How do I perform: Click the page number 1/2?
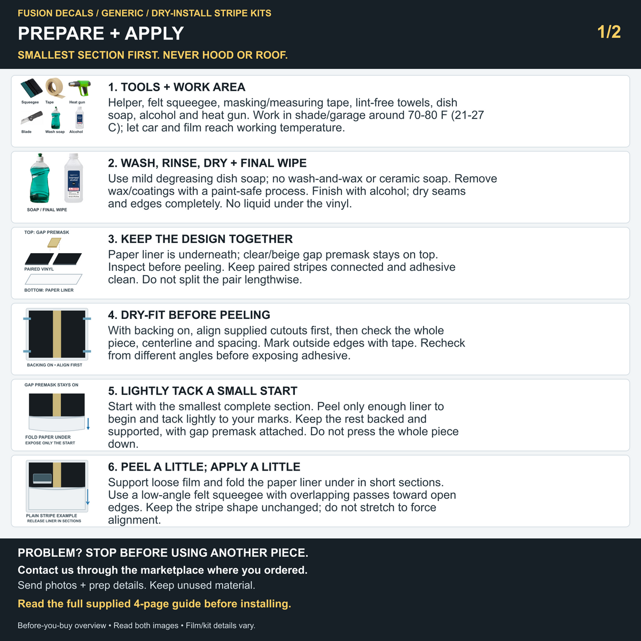point(609,32)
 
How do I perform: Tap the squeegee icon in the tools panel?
point(32,89)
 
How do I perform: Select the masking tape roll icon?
point(55,88)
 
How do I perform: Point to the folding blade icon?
point(32,118)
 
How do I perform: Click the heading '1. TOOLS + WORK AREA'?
point(177,87)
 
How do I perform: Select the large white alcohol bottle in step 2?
point(74,178)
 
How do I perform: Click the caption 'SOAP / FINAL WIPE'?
point(47,209)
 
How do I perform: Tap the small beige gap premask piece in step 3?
point(54,243)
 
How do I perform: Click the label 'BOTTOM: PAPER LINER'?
point(49,290)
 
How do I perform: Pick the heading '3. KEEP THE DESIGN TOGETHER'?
point(200,239)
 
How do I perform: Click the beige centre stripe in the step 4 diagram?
point(57,334)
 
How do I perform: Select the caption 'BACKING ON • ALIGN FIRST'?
point(54,365)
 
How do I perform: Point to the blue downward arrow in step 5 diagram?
point(88,424)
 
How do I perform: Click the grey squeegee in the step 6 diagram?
point(43,479)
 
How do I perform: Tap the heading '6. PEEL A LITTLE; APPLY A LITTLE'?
point(204,467)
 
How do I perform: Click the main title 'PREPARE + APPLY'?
point(101,33)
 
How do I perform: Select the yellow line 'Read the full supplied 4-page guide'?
point(154,604)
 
